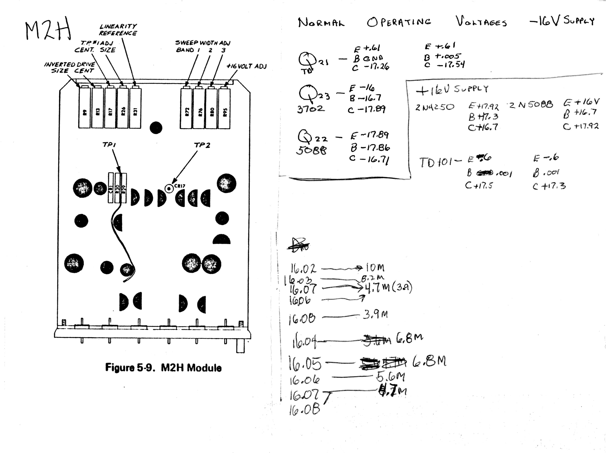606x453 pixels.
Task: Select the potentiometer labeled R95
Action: [224, 107]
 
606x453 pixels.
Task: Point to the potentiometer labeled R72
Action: [186, 107]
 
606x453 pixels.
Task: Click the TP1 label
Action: [109, 145]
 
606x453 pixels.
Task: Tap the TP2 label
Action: [202, 145]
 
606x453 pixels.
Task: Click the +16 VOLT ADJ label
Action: [247, 66]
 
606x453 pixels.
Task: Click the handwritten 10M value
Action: [375, 267]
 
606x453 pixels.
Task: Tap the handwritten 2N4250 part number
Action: [434, 107]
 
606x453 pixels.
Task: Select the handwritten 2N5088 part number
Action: [531, 104]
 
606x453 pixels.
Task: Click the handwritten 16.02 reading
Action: [303, 268]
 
